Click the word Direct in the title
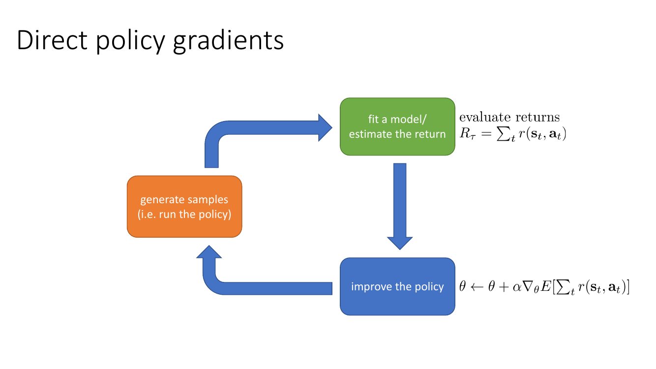click(x=52, y=40)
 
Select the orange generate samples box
click(x=184, y=207)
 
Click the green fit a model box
click(x=397, y=126)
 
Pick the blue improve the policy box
click(x=397, y=287)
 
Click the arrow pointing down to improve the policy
click(x=400, y=206)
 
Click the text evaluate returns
click(x=509, y=117)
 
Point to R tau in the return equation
click(x=467, y=134)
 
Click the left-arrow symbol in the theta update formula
click(x=477, y=287)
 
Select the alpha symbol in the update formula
click(x=517, y=287)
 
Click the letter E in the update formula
click(x=546, y=286)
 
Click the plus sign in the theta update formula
click(x=504, y=287)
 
